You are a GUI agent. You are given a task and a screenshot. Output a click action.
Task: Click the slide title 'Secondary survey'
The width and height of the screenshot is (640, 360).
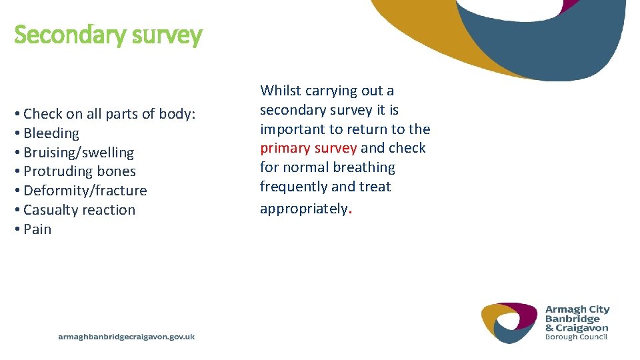pos(107,35)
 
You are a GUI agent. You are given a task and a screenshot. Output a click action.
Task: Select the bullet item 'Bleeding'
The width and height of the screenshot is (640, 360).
pos(51,133)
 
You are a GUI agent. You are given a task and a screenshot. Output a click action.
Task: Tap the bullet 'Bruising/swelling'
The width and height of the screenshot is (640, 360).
pos(79,153)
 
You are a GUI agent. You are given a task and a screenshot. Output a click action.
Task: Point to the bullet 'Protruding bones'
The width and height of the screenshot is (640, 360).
pos(79,171)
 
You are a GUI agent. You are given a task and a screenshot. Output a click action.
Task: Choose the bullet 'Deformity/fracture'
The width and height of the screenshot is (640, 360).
pos(85,191)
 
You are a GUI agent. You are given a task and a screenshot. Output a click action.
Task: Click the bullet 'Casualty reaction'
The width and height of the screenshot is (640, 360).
pos(79,210)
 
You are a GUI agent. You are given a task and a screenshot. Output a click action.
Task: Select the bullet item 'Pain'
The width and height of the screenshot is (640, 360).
pos(37,229)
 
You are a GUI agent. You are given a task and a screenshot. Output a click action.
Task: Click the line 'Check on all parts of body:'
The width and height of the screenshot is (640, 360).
pos(109,114)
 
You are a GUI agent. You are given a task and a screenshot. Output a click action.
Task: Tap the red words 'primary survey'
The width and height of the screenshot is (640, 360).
pos(308,148)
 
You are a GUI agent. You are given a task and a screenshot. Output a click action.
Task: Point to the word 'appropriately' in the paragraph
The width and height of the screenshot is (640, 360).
pos(303,209)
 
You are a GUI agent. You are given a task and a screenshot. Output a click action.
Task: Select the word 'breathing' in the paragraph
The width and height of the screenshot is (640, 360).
pos(364,167)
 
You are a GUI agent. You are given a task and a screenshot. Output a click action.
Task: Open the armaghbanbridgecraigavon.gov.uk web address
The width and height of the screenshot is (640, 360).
pos(127,337)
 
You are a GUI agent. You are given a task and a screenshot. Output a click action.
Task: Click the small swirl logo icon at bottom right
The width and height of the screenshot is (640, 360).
pos(509,323)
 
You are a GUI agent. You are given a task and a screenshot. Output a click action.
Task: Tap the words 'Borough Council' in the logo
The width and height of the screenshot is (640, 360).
pos(576,337)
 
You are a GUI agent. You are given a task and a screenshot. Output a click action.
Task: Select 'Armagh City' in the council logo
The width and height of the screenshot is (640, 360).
pos(577,309)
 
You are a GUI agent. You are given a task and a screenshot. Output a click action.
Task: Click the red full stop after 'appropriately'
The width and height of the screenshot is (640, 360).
pos(350,211)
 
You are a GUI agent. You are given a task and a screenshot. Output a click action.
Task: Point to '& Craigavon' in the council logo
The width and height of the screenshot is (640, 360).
pos(577,327)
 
